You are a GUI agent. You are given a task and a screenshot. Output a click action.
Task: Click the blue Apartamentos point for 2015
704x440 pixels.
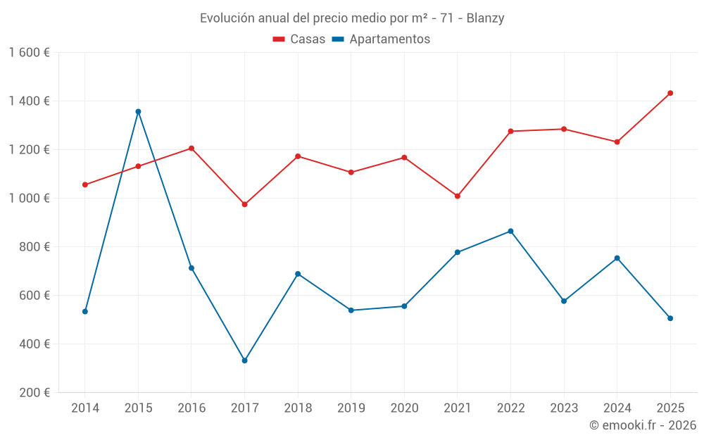click(138, 111)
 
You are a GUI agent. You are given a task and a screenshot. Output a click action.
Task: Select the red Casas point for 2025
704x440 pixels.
click(670, 93)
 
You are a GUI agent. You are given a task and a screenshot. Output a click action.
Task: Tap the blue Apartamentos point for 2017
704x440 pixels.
click(244, 360)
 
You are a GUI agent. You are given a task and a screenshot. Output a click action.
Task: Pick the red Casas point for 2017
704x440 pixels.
click(244, 204)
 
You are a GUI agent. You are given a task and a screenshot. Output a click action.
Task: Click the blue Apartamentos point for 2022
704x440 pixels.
click(510, 231)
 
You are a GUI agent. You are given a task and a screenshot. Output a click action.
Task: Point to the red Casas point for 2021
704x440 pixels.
click(458, 196)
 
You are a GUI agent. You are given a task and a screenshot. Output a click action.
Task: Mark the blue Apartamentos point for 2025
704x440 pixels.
click(670, 318)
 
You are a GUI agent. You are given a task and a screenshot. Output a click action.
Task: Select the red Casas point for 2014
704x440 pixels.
click(85, 184)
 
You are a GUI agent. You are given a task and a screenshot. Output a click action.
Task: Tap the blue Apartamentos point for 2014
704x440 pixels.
click(85, 311)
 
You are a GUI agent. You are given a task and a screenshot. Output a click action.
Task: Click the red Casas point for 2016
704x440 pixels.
click(191, 148)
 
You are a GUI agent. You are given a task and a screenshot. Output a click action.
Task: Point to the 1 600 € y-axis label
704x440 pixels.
click(29, 53)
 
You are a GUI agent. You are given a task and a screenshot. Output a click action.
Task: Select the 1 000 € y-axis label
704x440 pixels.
click(29, 199)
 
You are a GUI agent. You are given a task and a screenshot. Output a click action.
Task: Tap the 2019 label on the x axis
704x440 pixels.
click(351, 408)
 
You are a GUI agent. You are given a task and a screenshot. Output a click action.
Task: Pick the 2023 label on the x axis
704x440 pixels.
click(564, 408)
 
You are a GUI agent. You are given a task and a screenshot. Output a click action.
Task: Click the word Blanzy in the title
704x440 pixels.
click(485, 18)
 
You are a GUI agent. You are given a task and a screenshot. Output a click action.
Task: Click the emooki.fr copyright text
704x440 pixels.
click(643, 425)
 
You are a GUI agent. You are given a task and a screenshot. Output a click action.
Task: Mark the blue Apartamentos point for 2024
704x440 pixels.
click(617, 258)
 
